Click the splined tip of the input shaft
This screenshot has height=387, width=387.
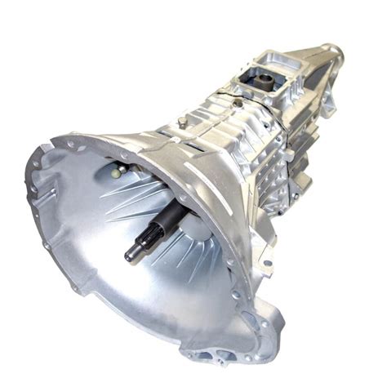pos(131,254)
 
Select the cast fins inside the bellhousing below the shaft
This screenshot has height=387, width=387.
pos(188,261)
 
